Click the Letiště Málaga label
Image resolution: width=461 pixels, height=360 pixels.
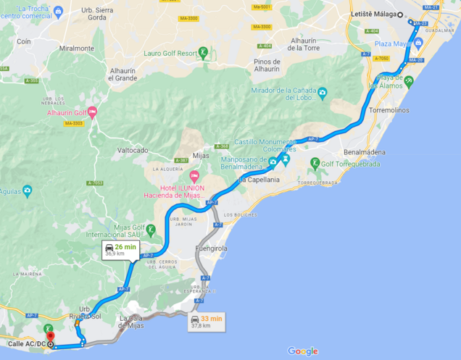tap(374, 14)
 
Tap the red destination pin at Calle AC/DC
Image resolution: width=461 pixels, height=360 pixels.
tap(49, 335)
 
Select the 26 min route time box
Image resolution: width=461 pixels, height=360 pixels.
tap(120, 251)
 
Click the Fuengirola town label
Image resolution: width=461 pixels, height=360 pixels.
tap(211, 248)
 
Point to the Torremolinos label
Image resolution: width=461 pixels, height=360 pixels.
tap(389, 110)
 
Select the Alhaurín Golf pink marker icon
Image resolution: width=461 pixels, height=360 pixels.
tap(92, 112)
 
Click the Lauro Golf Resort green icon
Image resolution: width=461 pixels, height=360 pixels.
tap(204, 52)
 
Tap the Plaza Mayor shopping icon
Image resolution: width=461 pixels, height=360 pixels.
tap(418, 43)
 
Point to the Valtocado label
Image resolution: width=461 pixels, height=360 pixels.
tap(133, 150)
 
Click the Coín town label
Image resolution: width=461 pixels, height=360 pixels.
tap(24, 41)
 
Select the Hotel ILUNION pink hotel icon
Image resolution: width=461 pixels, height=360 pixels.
tap(194, 177)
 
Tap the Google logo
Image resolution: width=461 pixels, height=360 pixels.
tap(302, 351)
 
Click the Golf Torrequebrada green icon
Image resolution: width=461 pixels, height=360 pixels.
tap(315, 163)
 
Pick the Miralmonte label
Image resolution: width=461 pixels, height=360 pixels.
tap(78, 49)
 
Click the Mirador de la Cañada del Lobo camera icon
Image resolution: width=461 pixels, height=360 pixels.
tap(323, 92)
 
